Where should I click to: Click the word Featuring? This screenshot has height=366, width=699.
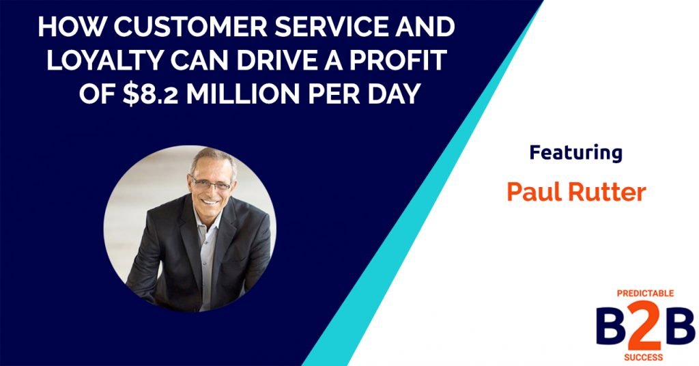coord(576,153)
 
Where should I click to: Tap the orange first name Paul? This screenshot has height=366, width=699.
coord(532,192)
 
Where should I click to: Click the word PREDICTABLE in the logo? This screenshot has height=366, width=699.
coord(644,293)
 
